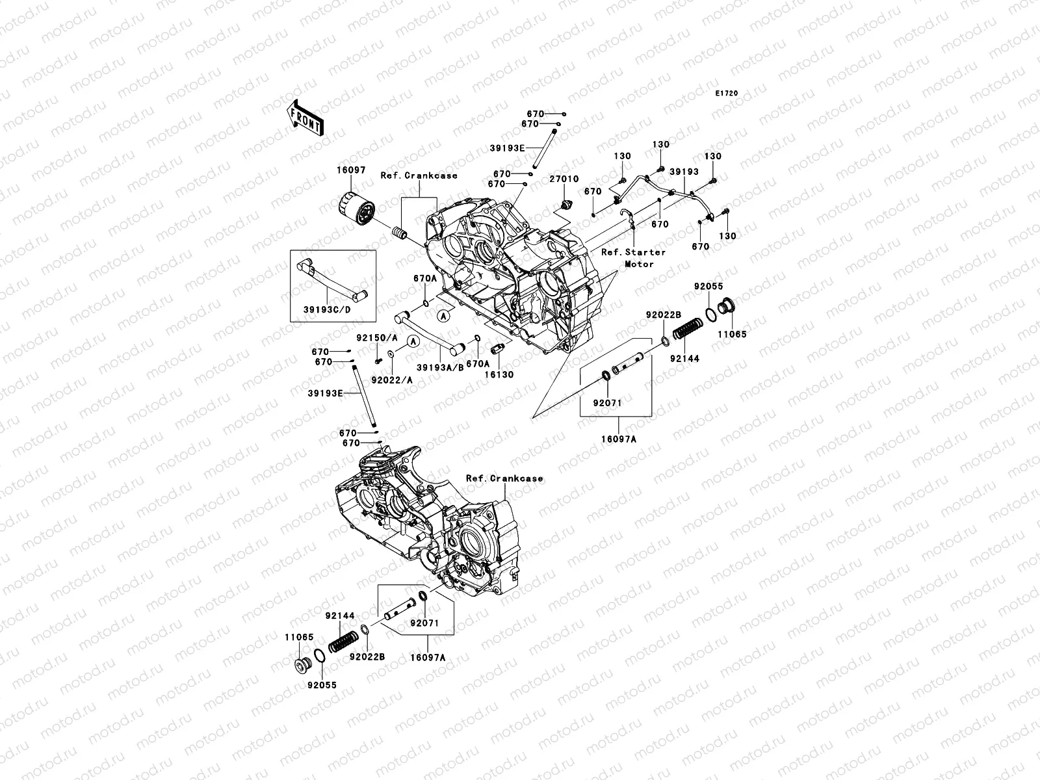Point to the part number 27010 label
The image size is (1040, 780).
pyautogui.click(x=564, y=179)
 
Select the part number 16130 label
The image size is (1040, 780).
pyautogui.click(x=497, y=375)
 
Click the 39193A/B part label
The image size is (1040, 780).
pyautogui.click(x=439, y=367)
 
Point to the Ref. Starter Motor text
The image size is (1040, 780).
pyautogui.click(x=633, y=257)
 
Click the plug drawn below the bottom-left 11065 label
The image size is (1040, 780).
pyautogui.click(x=302, y=666)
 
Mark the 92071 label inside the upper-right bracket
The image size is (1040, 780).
pyautogui.click(x=607, y=403)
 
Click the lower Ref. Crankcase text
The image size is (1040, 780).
pyautogui.click(x=504, y=478)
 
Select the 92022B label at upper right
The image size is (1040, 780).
pyautogui.click(x=663, y=315)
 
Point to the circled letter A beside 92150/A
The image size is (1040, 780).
pyautogui.click(x=412, y=341)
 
